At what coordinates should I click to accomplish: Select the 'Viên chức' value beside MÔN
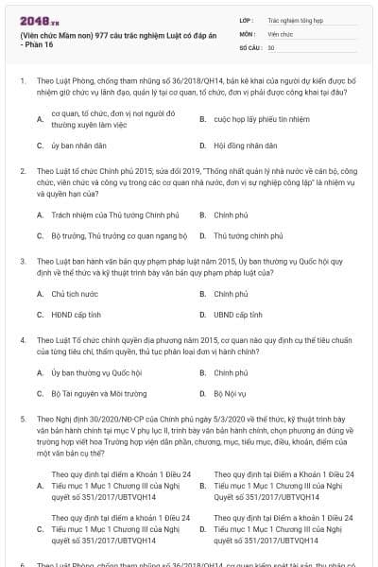coord(281,33)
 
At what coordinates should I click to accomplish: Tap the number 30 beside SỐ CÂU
coord(272,47)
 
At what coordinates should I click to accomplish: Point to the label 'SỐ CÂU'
coord(250,47)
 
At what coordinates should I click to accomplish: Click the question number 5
coord(22,416)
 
